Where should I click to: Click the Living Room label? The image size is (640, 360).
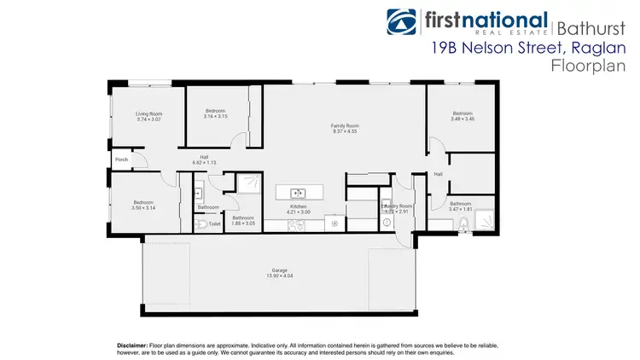click(x=148, y=113)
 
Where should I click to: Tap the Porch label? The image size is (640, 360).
click(x=121, y=160)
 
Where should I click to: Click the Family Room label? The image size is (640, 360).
click(x=345, y=126)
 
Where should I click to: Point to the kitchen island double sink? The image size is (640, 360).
click(x=298, y=192)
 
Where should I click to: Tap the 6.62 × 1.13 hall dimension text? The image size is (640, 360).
click(x=205, y=162)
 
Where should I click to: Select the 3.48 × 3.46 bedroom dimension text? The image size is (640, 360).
click(x=462, y=119)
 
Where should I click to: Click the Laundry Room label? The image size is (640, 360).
click(x=397, y=206)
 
